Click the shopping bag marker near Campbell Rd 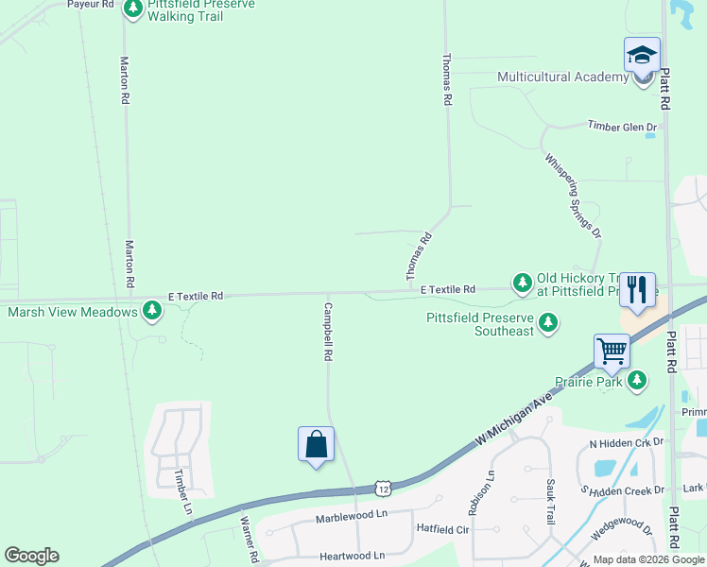[x=316, y=444]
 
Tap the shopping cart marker [x=612, y=352]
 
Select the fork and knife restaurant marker [x=637, y=290]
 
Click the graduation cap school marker [x=642, y=55]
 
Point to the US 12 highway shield [x=382, y=488]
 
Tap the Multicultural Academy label [x=563, y=77]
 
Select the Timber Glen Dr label [x=621, y=126]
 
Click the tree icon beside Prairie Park [x=639, y=380]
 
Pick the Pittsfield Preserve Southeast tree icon [x=547, y=324]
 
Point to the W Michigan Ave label [x=514, y=422]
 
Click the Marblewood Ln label [x=352, y=515]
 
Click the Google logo [x=31, y=556]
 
